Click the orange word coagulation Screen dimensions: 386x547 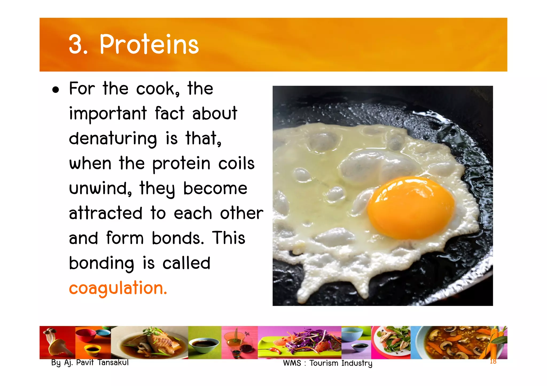118,288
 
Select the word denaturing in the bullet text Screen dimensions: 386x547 113,139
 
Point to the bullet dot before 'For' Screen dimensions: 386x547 56,90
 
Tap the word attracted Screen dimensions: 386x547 106,213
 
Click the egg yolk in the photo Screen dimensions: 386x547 411,207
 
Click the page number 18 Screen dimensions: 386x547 493,361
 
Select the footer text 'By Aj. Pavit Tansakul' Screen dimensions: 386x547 90,363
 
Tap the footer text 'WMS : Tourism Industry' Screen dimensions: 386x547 327,363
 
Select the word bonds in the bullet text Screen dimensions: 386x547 176,238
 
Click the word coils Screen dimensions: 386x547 236,164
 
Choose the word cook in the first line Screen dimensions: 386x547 157,89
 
